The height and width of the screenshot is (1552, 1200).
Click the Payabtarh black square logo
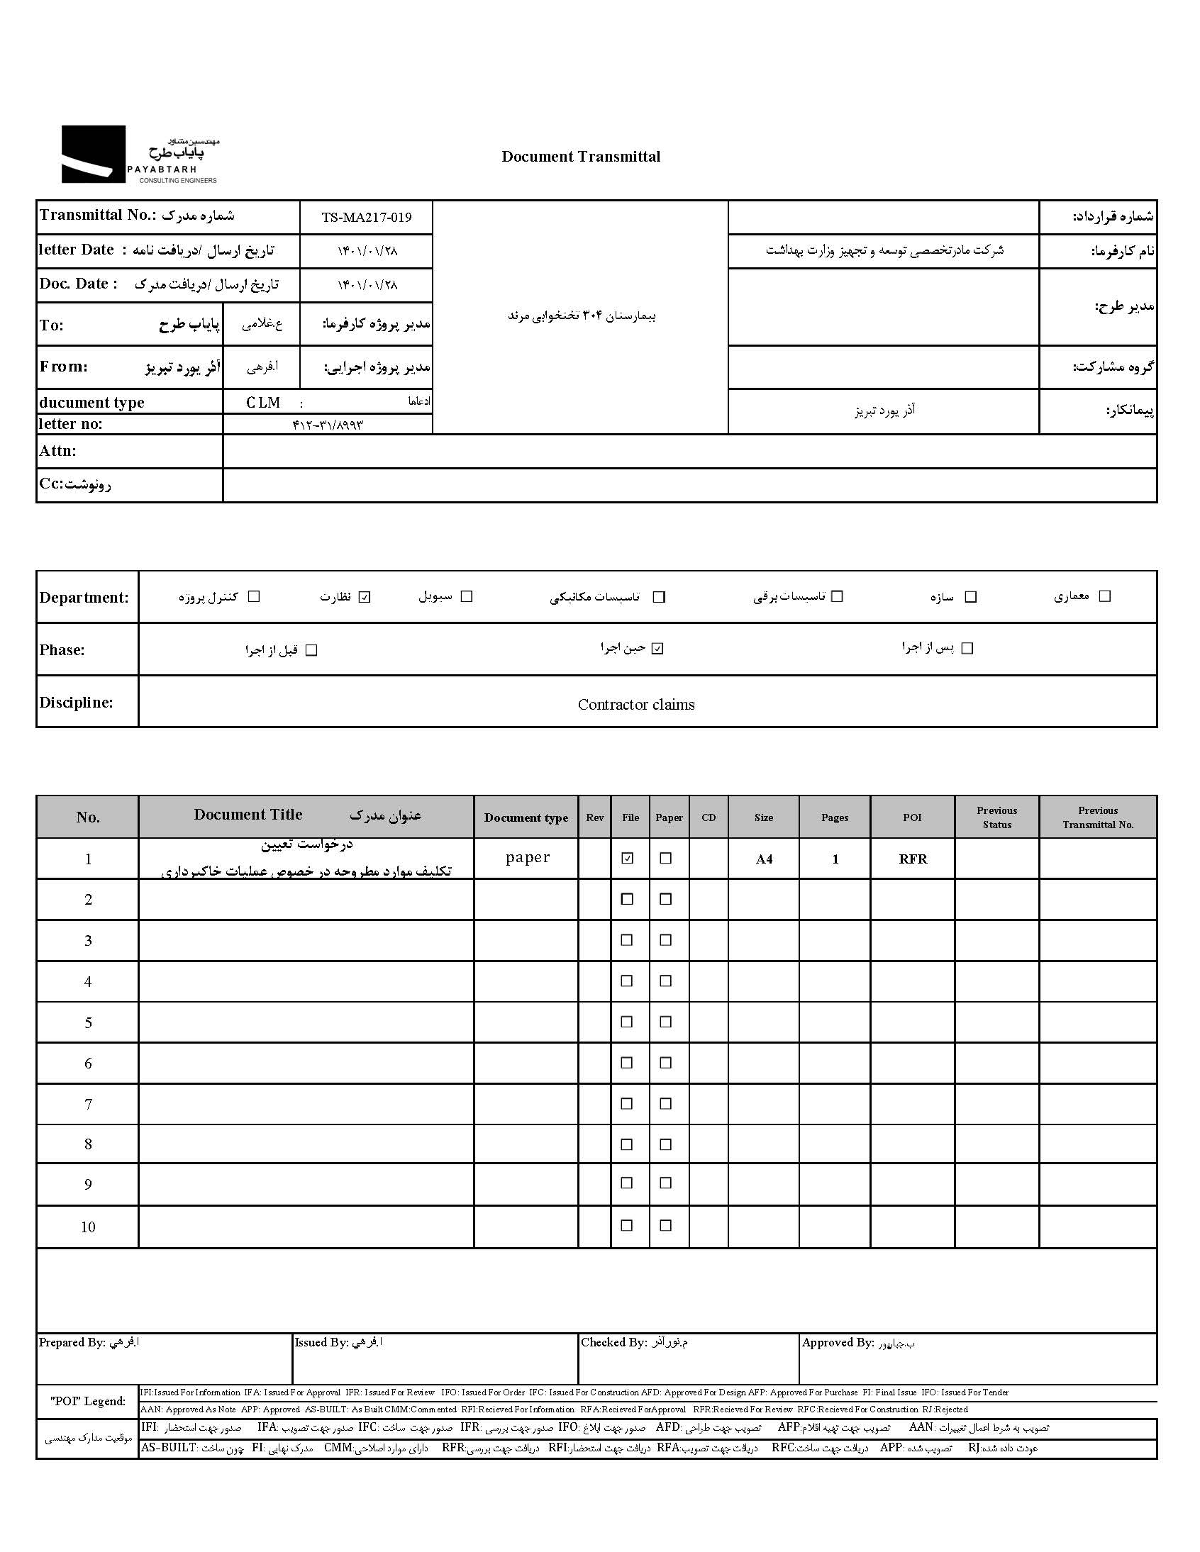tap(93, 154)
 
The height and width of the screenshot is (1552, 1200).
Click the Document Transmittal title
tap(580, 157)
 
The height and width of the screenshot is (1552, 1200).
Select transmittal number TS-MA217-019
tap(366, 218)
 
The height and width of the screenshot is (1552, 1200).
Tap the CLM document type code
tap(263, 403)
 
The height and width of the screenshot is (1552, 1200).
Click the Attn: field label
tap(58, 451)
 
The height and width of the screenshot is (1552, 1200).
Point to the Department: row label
tap(84, 598)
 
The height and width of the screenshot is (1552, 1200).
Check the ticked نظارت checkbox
tap(365, 598)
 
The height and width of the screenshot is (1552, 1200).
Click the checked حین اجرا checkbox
tap(657, 649)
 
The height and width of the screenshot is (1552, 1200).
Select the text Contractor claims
tap(635, 705)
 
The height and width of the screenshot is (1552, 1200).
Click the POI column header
tap(912, 818)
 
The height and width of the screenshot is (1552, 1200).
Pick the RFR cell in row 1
tap(913, 859)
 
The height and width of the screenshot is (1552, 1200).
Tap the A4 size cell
tap(764, 859)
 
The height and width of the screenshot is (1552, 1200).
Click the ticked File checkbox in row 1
tap(627, 859)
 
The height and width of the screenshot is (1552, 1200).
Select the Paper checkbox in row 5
tap(665, 1022)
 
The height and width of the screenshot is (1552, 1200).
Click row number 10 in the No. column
tap(88, 1227)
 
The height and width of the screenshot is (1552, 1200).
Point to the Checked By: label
tap(613, 1342)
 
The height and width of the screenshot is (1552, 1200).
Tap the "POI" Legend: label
tap(88, 1402)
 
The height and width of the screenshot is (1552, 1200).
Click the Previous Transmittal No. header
tap(1098, 818)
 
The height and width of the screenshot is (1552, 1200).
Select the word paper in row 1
tap(528, 857)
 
